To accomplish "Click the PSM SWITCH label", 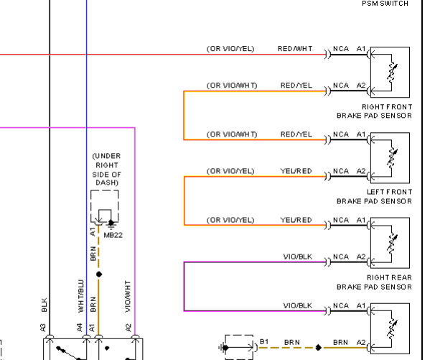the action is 385,4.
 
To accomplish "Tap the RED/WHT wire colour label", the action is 295,49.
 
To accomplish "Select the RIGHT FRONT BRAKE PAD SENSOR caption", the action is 374,111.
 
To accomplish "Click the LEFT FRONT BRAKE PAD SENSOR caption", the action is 374,196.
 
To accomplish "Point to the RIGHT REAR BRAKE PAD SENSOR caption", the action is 374,282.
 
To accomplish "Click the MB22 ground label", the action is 113,235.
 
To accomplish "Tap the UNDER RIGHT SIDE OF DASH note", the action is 106,169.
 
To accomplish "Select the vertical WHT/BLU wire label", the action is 80,296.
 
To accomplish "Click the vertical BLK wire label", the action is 44,305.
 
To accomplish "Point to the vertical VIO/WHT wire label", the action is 127,296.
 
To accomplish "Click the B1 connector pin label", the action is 264,341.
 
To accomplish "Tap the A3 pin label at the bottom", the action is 43,328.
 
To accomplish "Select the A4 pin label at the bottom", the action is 80,327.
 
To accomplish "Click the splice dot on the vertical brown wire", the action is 99,274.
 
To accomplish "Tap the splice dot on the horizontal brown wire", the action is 319,347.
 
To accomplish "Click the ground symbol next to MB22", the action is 111,223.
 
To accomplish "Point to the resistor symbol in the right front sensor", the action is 392,72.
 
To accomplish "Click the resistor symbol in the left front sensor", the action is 392,157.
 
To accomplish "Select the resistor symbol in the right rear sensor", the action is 392,243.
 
